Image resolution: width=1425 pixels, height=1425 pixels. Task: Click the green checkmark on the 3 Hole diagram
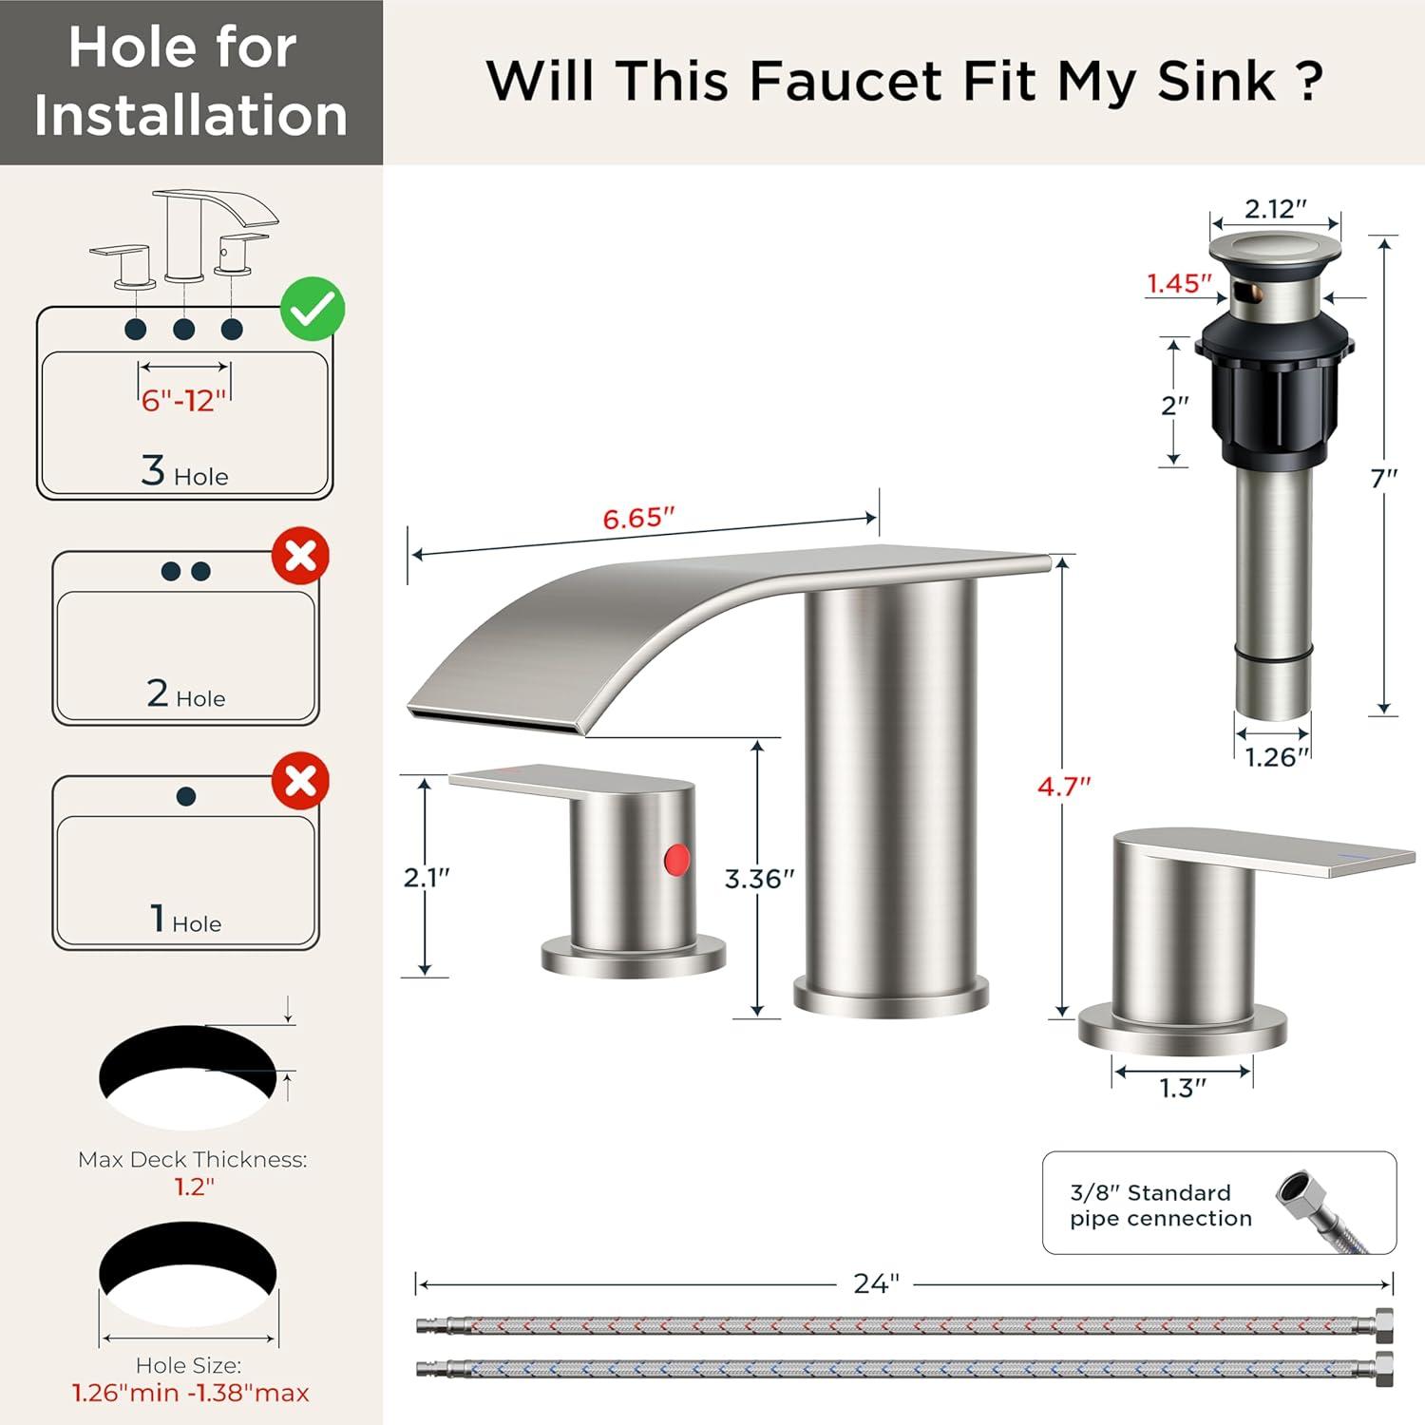coord(313,309)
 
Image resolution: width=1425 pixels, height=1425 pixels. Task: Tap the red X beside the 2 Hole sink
coord(301,556)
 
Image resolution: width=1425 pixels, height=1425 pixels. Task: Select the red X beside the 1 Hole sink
coord(301,781)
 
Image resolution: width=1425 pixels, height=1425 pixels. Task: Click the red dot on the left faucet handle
coord(676,860)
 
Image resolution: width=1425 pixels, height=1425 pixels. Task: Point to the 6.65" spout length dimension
coord(638,519)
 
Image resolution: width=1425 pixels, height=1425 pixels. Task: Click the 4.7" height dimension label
coord(1064,787)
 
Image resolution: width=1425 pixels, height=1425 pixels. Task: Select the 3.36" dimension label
coord(759,879)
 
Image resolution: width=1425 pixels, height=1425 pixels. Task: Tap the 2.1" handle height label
coord(427,877)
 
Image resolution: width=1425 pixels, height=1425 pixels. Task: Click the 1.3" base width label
coord(1183,1088)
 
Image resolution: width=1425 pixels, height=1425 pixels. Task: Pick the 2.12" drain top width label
coord(1276,209)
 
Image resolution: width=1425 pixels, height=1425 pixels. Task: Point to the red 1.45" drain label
coord(1179,283)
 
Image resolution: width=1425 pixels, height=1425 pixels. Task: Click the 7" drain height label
coord(1384,478)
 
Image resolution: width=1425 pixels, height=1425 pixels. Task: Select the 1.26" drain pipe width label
coord(1277,757)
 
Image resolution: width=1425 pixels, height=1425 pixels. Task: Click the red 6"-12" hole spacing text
coord(184,400)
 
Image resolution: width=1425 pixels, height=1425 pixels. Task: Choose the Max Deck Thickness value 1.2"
coord(194,1186)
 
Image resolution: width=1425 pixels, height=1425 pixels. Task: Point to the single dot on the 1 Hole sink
coord(186,796)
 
